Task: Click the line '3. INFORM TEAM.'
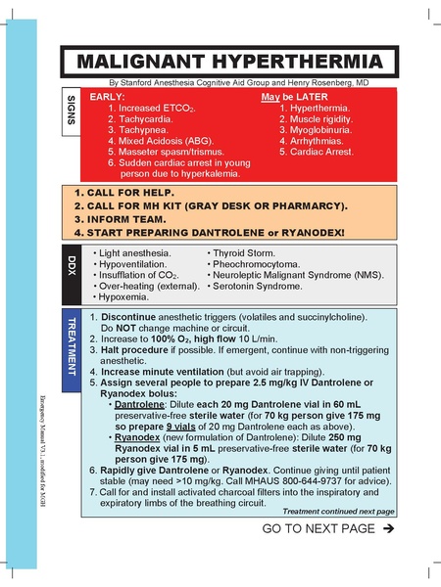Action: (x=124, y=219)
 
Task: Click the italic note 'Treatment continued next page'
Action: (x=338, y=511)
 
